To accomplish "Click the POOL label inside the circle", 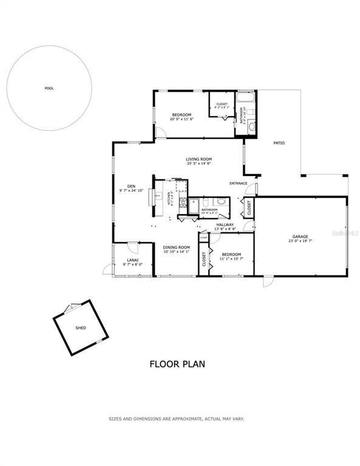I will (x=49, y=89).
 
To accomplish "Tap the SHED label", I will (x=80, y=328).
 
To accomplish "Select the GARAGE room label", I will (x=300, y=237).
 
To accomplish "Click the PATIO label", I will (x=279, y=143).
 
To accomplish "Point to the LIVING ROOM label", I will (x=199, y=159).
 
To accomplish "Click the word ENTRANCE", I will (x=238, y=183).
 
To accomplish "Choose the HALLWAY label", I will (x=225, y=225).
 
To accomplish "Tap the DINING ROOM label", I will (x=176, y=247).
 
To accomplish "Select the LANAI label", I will (x=132, y=260).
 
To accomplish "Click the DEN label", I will (x=131, y=186).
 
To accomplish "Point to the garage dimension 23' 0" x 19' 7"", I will (x=300, y=241).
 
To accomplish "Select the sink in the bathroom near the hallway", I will (x=222, y=201).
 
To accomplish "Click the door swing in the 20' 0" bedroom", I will (x=161, y=133).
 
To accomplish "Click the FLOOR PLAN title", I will (x=177, y=364).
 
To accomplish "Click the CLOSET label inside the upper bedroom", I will (x=222, y=104).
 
